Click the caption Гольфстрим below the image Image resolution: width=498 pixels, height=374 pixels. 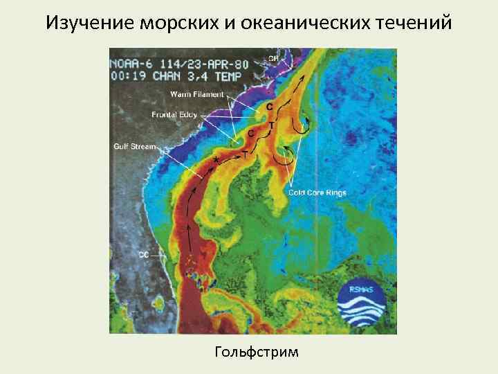coord(257,352)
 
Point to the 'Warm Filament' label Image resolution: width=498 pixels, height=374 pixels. coord(198,93)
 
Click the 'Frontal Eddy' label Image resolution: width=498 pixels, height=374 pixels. coord(174,114)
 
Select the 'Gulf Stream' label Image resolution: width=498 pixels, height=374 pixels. coord(136,146)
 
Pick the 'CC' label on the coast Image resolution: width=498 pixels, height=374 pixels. coord(143,255)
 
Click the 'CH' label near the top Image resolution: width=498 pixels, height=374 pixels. coord(273,59)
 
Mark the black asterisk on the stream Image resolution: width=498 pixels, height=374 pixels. coord(216,160)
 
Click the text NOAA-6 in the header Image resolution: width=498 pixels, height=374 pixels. coord(131,63)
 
